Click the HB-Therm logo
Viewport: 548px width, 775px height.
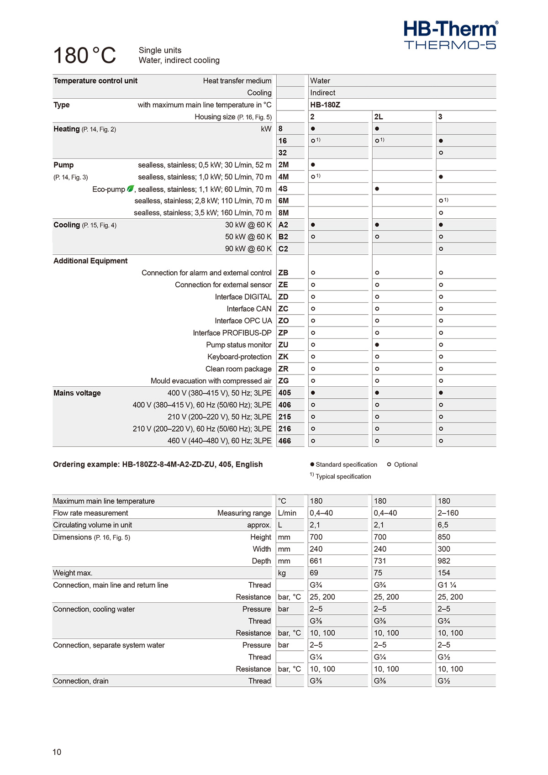pos(450,34)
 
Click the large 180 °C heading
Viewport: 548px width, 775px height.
pos(85,56)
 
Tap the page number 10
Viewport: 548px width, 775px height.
pos(57,752)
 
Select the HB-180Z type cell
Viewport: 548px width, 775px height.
pos(325,105)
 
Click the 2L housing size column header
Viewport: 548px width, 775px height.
pos(379,117)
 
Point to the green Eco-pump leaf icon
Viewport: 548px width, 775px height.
pos(131,189)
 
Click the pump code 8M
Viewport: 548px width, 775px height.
pos(284,213)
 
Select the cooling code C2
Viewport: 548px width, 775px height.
pos(284,249)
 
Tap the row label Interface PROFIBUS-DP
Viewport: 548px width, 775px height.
pos(232,333)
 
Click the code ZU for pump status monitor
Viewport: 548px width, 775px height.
pos(284,345)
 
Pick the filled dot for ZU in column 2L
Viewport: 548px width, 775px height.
pos(377,345)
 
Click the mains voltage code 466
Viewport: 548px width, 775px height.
pos(285,441)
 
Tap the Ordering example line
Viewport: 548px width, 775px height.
pos(158,464)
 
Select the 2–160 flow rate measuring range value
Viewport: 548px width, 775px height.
pos(448,513)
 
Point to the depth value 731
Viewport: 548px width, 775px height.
pos(380,561)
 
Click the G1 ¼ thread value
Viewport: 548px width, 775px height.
pos(447,585)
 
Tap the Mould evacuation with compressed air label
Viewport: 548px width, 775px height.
pos(211,381)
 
